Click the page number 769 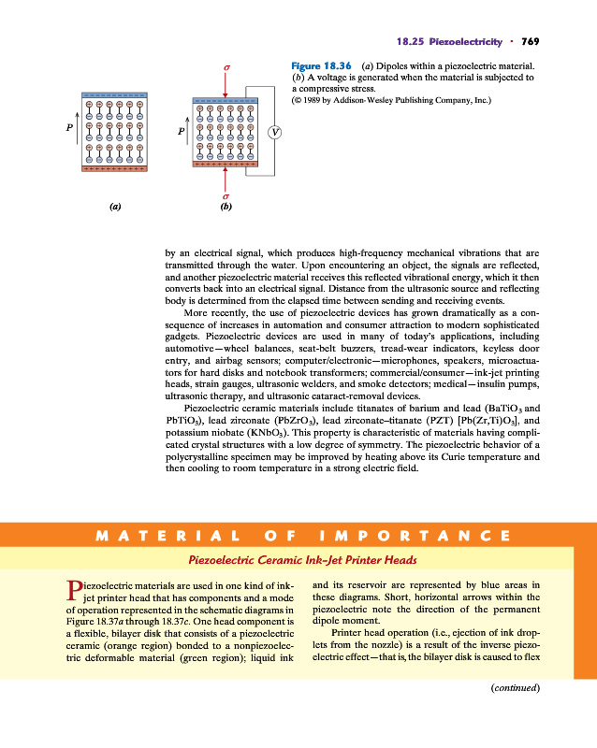pos(531,41)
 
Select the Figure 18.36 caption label pos(321,66)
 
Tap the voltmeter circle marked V pos(274,132)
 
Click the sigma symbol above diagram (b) pos(226,68)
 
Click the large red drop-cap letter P pos(78,589)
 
